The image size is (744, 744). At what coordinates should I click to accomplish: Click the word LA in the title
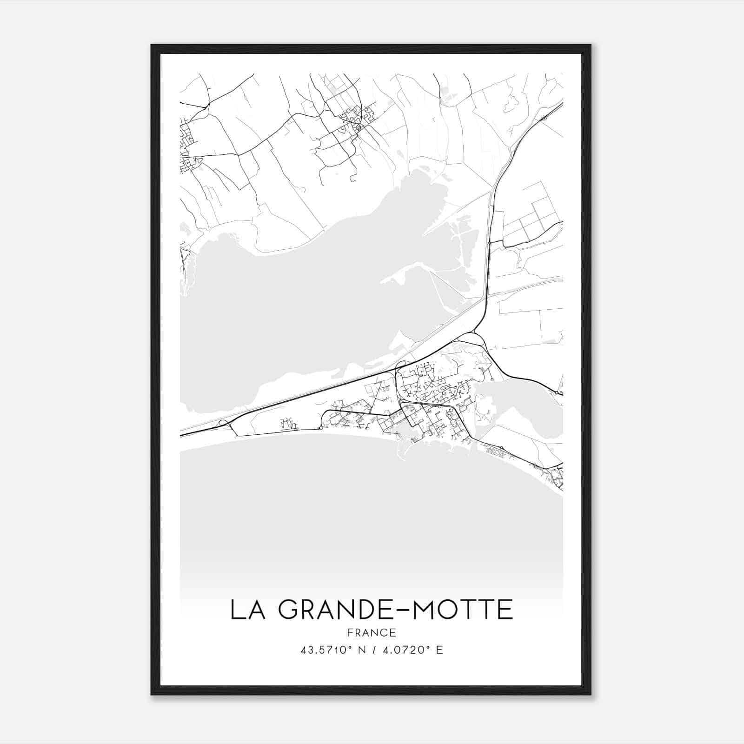(x=247, y=610)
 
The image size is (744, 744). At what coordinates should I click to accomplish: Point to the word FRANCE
(x=372, y=632)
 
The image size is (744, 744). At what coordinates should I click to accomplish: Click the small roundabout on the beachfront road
(x=321, y=427)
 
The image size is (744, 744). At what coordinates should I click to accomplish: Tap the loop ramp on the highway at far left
(x=224, y=423)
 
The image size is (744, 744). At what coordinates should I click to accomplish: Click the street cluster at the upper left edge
(x=188, y=144)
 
